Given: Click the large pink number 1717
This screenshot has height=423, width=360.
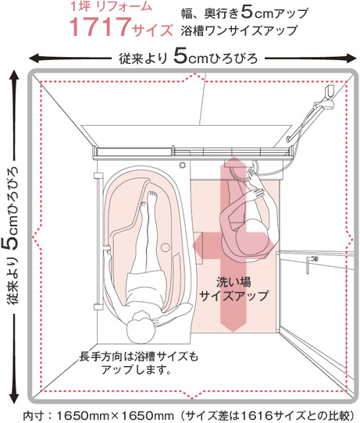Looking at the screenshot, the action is click(x=100, y=27).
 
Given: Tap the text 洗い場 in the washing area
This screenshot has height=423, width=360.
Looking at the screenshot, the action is click(x=233, y=283).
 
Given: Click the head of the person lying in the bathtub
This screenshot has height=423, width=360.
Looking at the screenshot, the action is click(x=140, y=328).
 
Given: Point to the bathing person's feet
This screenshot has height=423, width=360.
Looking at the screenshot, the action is click(x=148, y=201).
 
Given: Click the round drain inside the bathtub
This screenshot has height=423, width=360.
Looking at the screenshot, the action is click(x=165, y=247).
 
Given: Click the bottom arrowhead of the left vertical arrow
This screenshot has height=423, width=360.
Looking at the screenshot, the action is click(x=14, y=397).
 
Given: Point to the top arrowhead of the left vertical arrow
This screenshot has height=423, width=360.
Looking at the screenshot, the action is click(x=14, y=76).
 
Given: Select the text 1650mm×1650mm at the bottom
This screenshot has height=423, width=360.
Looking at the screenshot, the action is click(x=115, y=415).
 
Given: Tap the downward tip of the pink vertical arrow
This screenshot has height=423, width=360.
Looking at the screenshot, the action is click(x=233, y=329).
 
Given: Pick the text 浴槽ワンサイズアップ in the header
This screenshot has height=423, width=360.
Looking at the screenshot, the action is click(x=239, y=30).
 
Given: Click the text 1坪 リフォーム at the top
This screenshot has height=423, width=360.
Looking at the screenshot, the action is click(x=111, y=7).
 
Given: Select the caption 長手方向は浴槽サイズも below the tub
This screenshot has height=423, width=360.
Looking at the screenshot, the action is click(x=139, y=357).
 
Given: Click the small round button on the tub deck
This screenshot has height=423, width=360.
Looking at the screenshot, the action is click(x=183, y=165).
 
